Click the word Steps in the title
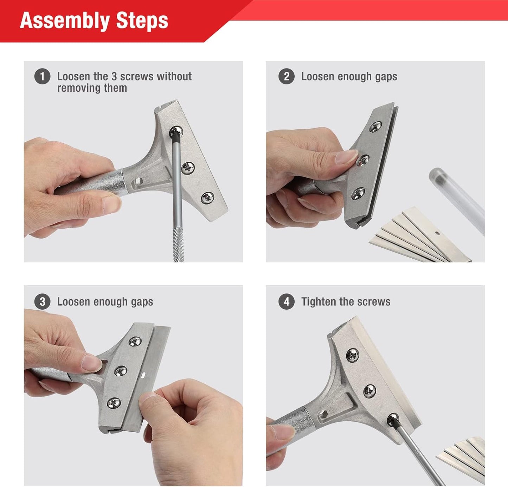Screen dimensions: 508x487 (142, 21)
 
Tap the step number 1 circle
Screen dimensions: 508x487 (42, 77)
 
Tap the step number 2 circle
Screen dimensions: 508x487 (287, 77)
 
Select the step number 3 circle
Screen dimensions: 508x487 (42, 302)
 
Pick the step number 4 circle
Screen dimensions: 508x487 (287, 302)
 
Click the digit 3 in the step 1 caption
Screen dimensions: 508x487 (114, 77)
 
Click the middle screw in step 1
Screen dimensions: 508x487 (188, 168)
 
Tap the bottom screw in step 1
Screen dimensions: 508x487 (207, 198)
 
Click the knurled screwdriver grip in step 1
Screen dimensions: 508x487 (179, 244)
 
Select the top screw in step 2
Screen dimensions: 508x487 (376, 127)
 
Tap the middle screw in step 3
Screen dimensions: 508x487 (121, 371)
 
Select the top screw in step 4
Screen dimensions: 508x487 (353, 355)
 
